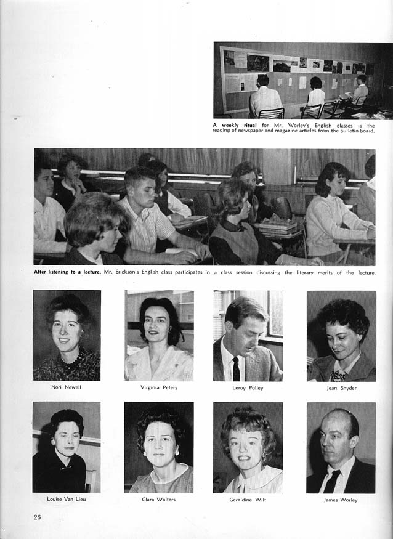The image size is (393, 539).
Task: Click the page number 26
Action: tap(37, 517)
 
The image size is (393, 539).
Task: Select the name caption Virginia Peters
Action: tap(158, 387)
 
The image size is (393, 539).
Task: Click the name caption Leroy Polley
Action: tap(247, 387)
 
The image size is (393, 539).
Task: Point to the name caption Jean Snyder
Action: tap(341, 388)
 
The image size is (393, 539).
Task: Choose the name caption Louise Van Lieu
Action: tap(66, 499)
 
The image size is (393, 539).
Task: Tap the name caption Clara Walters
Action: tap(158, 499)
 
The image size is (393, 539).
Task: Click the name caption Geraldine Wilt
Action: tap(247, 499)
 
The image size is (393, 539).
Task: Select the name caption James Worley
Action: tap(341, 499)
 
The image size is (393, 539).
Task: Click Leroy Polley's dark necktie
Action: tap(236, 369)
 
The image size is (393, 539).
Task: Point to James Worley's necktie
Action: tap(331, 481)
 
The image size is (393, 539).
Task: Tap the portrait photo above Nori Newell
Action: tap(67, 335)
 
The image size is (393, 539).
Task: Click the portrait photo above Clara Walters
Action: tap(158, 447)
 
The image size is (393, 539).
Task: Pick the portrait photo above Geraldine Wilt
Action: tap(248, 447)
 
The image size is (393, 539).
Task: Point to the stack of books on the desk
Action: tap(278, 227)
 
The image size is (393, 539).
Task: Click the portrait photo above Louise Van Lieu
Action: tap(66, 447)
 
